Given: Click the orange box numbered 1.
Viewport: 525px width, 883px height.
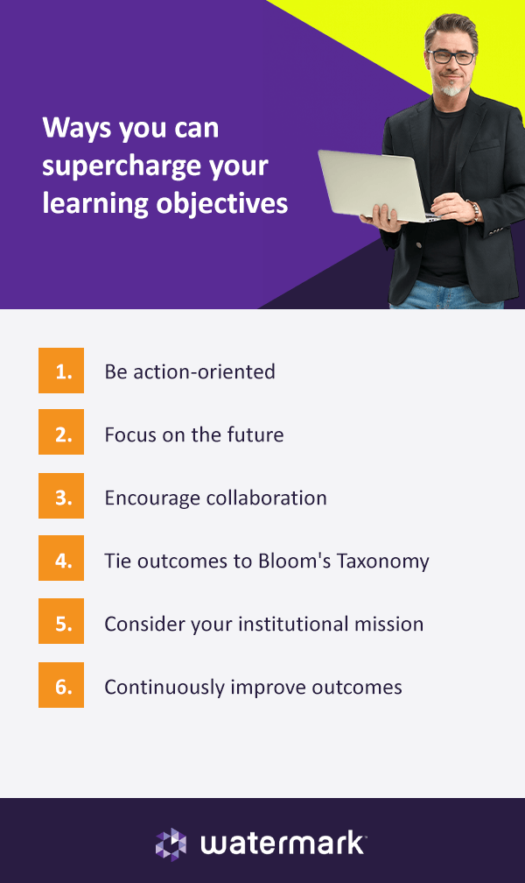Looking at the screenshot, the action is click(61, 371).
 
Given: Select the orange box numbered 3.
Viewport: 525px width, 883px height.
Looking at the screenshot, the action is click(61, 496).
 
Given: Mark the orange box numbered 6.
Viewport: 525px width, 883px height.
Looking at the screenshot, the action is click(61, 685).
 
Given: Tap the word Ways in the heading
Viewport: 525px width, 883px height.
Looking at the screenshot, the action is click(76, 129).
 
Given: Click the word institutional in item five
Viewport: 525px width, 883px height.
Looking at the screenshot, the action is click(290, 624).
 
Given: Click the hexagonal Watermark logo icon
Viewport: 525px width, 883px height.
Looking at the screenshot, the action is click(171, 844).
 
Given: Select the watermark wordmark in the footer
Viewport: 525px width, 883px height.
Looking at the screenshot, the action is click(283, 844).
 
